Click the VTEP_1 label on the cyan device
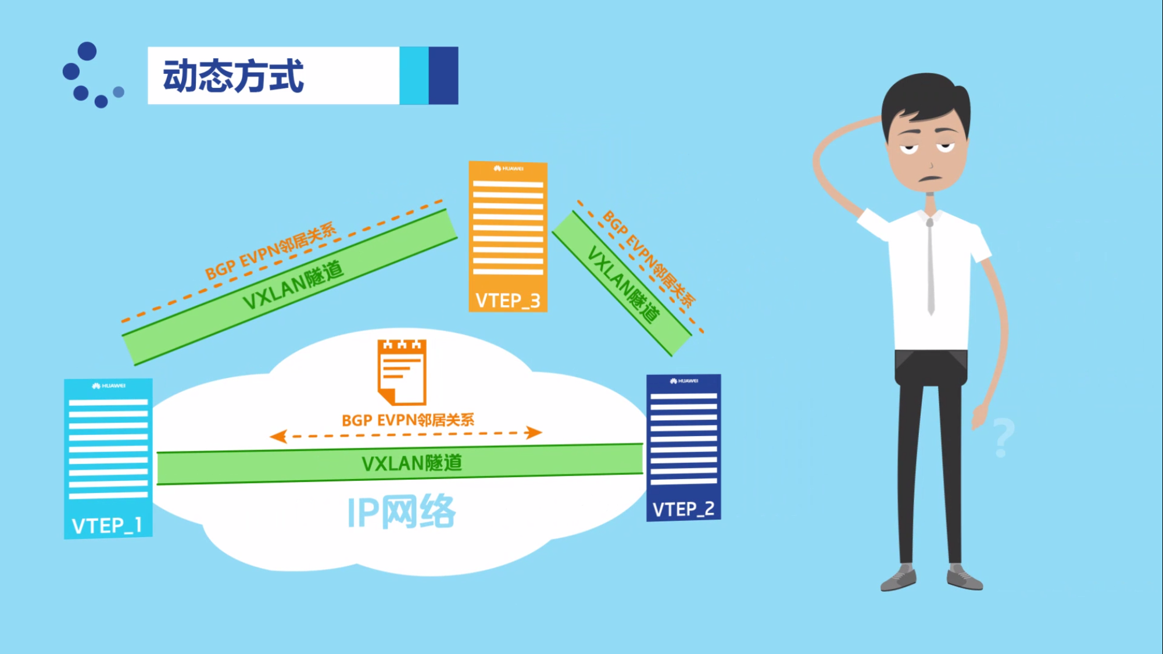tap(107, 526)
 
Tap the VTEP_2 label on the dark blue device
tap(683, 509)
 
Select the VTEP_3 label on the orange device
tap(507, 301)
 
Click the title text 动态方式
tap(233, 76)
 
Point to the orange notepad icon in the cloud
tap(402, 372)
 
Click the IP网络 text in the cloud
tap(401, 512)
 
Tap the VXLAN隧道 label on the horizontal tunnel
tap(411, 463)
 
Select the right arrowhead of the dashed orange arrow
tap(533, 433)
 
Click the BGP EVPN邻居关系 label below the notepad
tap(407, 420)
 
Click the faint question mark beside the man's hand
tap(1003, 438)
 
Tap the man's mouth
tap(930, 178)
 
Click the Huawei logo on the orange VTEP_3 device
tap(509, 169)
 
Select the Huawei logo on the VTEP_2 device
tap(684, 381)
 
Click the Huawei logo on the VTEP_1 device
tap(109, 386)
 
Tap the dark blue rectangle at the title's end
tap(443, 76)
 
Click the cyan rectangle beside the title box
tap(414, 76)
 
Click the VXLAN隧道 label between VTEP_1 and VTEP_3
tap(294, 285)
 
